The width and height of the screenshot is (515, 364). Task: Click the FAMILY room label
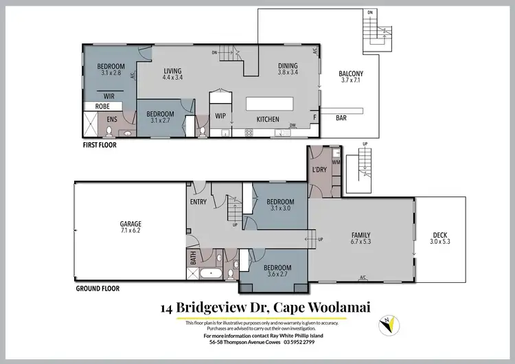[359, 234]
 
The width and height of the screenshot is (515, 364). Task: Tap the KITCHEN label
[268, 120]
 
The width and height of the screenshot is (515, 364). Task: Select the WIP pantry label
[221, 116]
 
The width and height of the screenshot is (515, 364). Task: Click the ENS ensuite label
[112, 119]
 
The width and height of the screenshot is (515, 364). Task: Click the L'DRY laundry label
[319, 169]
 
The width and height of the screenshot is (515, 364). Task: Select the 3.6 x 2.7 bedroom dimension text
[277, 275]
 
